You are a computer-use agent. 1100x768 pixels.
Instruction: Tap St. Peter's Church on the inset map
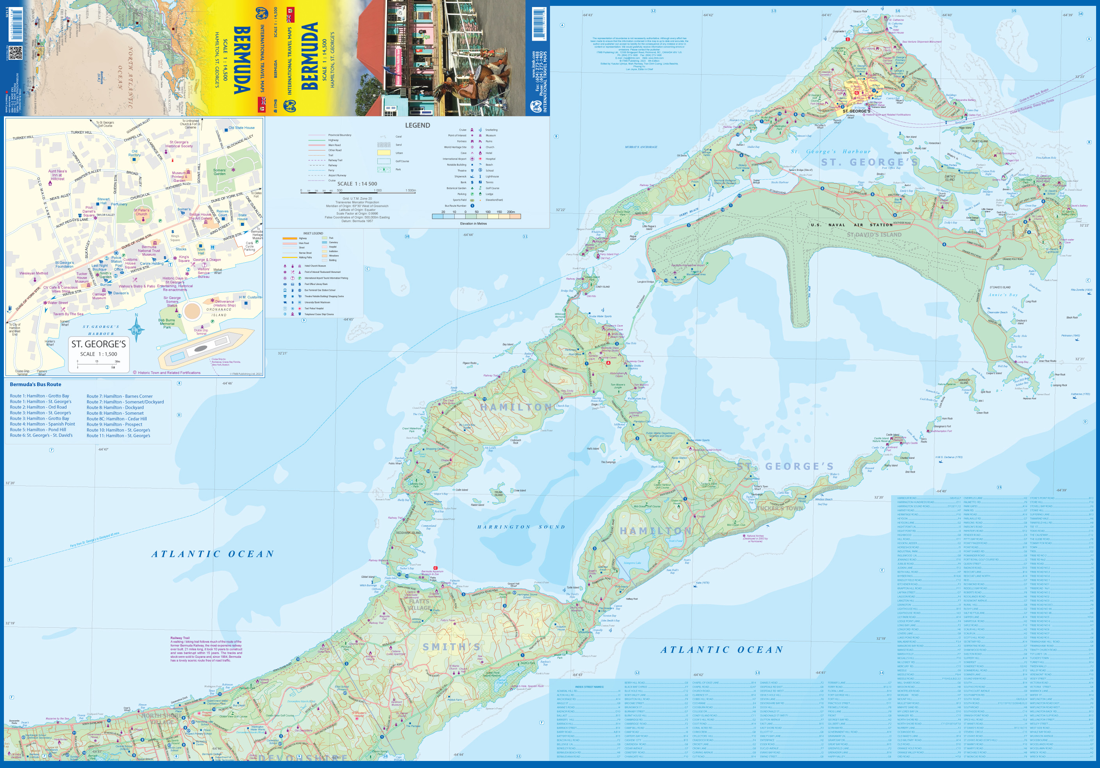click(x=141, y=212)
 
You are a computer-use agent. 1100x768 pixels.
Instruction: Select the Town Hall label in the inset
click(x=201, y=251)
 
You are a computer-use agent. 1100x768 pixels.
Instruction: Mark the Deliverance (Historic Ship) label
click(x=224, y=303)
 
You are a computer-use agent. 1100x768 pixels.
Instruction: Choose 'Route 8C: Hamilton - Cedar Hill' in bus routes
click(x=116, y=419)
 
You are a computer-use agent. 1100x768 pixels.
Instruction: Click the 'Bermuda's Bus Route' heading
click(x=36, y=385)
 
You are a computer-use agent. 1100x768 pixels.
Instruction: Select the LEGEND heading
click(x=417, y=125)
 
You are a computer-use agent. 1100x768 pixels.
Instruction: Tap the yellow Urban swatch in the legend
click(x=384, y=153)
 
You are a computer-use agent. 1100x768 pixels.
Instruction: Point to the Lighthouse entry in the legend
click(x=492, y=176)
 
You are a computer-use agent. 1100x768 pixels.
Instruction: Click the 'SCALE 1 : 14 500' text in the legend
click(x=357, y=184)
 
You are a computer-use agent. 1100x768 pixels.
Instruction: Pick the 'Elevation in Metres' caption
click(x=473, y=224)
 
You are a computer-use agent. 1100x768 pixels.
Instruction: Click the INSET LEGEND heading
click(x=313, y=233)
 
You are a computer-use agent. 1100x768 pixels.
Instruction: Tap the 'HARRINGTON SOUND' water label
click(x=521, y=527)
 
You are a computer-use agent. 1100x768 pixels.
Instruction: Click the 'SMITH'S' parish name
click(x=451, y=647)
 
